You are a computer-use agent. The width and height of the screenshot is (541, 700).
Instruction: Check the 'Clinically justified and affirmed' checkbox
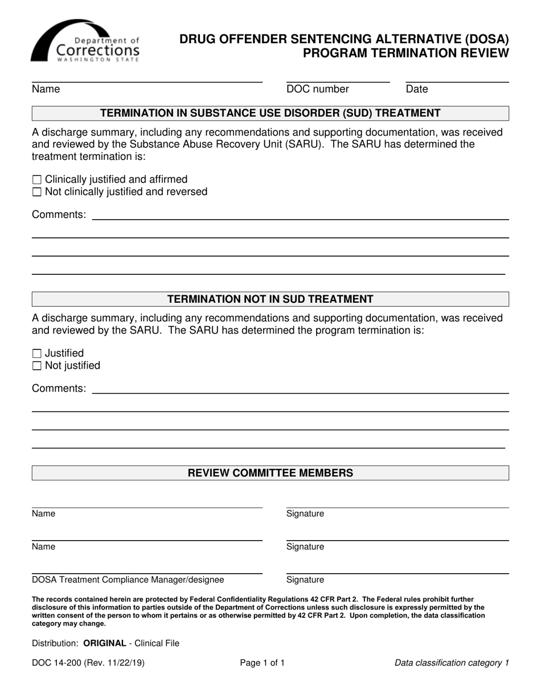(x=37, y=180)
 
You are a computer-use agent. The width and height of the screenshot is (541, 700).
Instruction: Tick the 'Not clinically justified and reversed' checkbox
(x=37, y=192)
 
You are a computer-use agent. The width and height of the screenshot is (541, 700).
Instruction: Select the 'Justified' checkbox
(x=37, y=353)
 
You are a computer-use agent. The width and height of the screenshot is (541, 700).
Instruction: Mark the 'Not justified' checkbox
(x=37, y=366)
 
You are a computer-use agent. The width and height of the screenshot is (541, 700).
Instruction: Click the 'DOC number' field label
(x=317, y=89)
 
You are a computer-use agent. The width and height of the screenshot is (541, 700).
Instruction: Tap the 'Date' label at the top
(x=416, y=89)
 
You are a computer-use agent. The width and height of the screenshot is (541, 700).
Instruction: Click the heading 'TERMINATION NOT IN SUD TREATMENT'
(x=270, y=299)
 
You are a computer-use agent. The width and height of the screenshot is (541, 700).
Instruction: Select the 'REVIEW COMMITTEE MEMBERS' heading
(x=270, y=473)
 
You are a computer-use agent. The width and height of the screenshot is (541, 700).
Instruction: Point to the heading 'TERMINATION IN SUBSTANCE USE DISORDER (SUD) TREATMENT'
(x=270, y=113)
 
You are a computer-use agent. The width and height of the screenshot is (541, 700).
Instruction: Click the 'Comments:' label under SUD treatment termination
(x=59, y=215)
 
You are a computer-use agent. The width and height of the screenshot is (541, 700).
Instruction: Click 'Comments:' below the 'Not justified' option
(x=59, y=388)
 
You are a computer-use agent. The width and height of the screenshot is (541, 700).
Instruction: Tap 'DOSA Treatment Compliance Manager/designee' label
(x=128, y=580)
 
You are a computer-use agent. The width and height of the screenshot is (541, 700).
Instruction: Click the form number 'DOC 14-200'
(x=58, y=662)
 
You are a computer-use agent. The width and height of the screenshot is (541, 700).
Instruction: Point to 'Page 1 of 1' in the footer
(x=262, y=662)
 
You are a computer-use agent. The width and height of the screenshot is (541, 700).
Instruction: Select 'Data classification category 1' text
(x=451, y=662)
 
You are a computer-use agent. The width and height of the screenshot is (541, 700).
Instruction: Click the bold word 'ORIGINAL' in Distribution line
(x=104, y=643)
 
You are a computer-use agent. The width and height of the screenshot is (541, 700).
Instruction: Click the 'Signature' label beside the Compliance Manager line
(x=305, y=580)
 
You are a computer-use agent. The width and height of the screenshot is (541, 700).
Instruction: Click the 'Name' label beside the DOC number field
(x=46, y=89)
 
